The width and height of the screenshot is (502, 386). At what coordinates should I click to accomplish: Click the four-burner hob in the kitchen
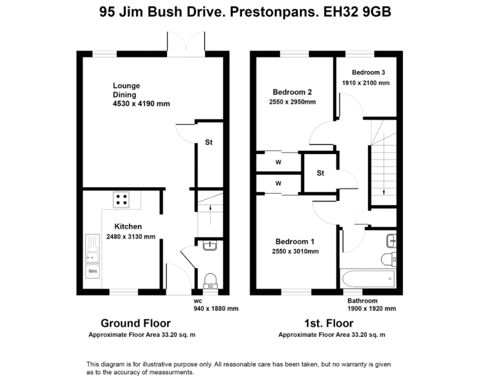tap(121, 200)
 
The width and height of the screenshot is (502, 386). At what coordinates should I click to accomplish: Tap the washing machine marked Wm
tap(93, 271)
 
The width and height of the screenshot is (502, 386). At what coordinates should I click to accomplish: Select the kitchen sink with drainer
tap(92, 249)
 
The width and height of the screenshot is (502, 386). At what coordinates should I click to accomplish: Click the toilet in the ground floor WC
tap(210, 281)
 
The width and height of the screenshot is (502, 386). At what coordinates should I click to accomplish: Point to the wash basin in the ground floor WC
tap(210, 245)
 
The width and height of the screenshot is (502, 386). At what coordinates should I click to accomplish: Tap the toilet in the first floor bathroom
tap(389, 259)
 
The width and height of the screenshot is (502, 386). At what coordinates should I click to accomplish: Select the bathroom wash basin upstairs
tap(391, 240)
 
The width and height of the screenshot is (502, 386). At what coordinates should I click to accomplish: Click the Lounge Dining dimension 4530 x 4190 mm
tap(141, 104)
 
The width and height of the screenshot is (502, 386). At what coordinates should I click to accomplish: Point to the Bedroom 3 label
tap(369, 73)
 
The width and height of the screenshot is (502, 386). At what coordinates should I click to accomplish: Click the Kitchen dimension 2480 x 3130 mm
tap(130, 237)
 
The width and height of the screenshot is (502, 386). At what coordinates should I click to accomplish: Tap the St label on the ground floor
tap(209, 142)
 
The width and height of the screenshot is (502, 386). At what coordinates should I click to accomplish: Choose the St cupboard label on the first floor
tap(321, 173)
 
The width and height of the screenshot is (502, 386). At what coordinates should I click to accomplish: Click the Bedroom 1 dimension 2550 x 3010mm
tap(295, 252)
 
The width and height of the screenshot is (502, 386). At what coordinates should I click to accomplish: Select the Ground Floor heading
tap(136, 323)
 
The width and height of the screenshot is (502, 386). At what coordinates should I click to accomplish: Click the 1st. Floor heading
tap(329, 323)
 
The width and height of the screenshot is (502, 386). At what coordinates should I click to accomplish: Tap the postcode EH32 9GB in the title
tap(357, 12)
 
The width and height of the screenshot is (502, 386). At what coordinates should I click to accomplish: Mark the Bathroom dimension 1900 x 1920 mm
tap(372, 309)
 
